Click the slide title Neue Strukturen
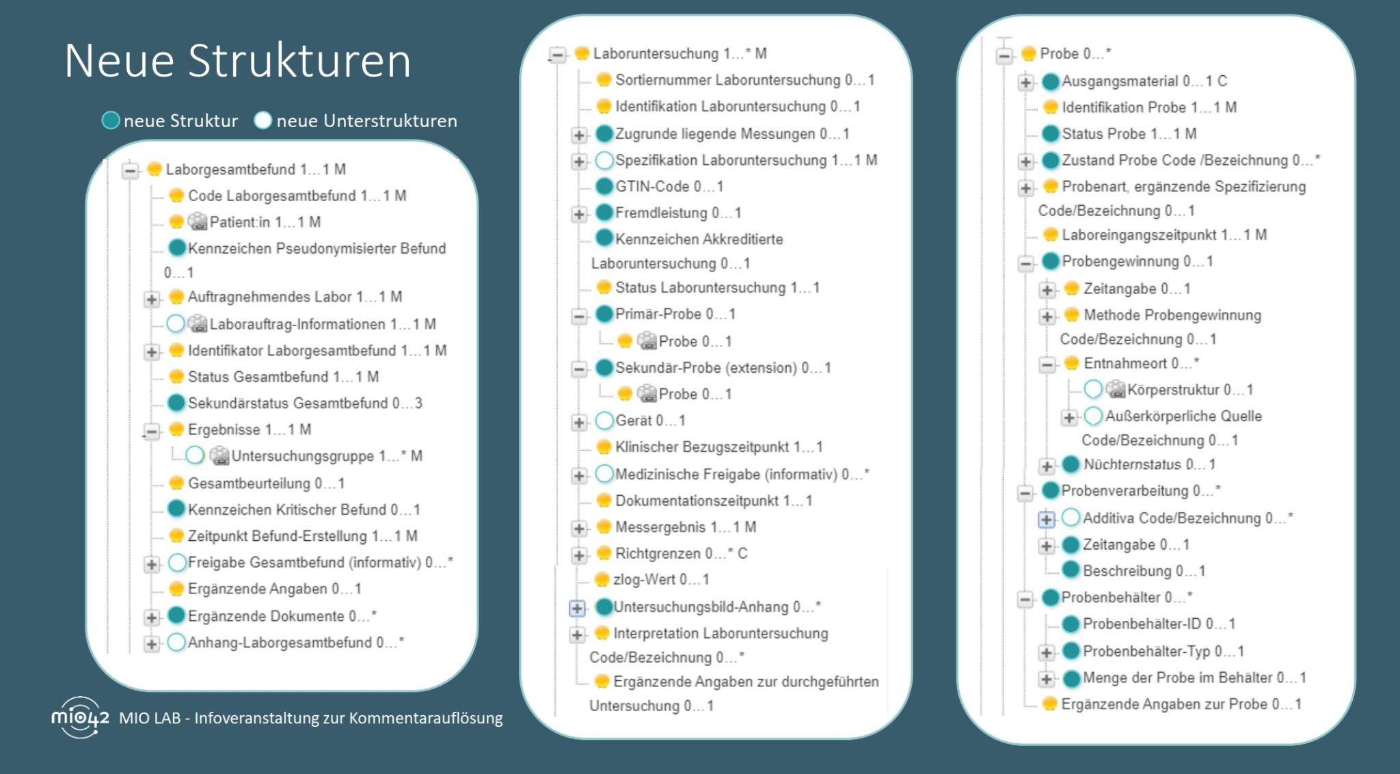237,60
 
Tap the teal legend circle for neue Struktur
111,121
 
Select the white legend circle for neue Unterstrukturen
262,121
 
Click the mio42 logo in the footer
79,717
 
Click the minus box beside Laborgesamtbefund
131,170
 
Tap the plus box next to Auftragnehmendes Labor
152,298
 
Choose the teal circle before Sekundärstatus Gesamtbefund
176,403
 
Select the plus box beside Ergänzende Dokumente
152,617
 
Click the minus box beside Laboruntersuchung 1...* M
558,55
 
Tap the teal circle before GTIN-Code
604,186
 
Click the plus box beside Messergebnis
579,529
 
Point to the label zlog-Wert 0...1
660,580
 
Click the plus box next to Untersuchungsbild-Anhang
578,608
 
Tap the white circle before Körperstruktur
1093,389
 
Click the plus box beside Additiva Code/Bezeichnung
1046,520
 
